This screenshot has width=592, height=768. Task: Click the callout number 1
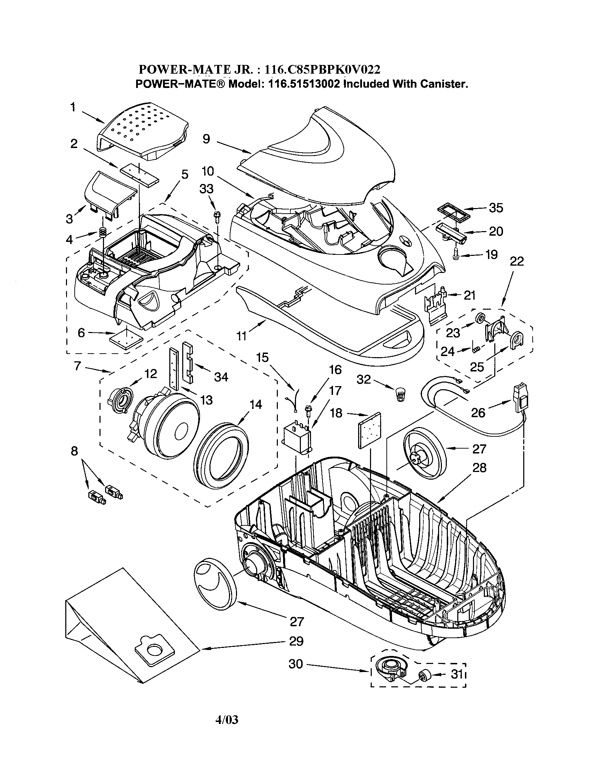pos(73,107)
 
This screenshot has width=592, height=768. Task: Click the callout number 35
pos(496,208)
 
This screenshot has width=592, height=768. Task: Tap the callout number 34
pos(221,377)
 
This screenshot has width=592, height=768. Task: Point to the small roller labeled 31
pos(424,675)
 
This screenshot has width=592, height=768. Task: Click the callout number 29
pos(296,641)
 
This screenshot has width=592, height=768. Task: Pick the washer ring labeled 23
pos(480,318)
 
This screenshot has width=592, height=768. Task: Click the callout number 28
pos(479,467)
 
